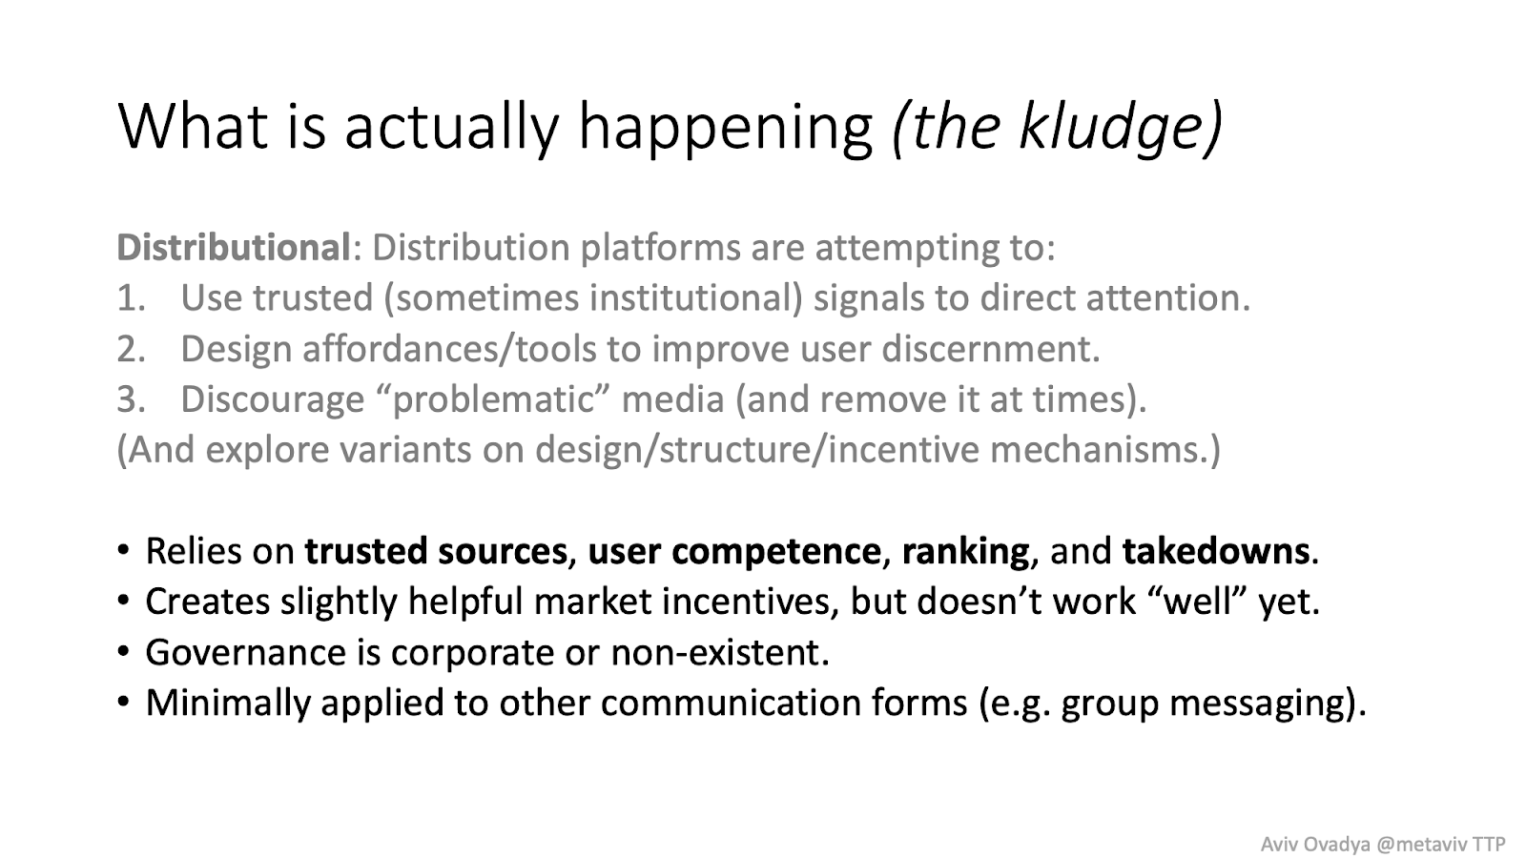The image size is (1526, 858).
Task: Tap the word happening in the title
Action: pyautogui.click(x=726, y=129)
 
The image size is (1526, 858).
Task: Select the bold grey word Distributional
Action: pyautogui.click(x=234, y=247)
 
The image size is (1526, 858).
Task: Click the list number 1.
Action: pyautogui.click(x=131, y=298)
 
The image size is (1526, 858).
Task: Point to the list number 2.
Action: pyautogui.click(x=131, y=349)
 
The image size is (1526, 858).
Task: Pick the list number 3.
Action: pyautogui.click(x=131, y=399)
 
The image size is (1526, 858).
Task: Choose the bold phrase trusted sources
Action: pyautogui.click(x=435, y=551)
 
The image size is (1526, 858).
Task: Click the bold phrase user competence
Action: pyautogui.click(x=734, y=552)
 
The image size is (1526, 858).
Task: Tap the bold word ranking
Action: pyautogui.click(x=965, y=552)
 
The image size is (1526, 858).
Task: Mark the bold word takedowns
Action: pyautogui.click(x=1216, y=551)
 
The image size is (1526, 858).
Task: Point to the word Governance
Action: pyautogui.click(x=245, y=652)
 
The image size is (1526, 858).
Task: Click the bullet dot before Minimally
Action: pyautogui.click(x=123, y=701)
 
